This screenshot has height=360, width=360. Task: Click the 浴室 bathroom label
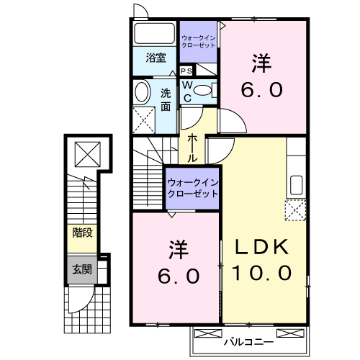point(156,58)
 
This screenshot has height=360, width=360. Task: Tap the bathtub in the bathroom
point(155,34)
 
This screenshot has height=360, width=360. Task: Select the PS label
point(186,71)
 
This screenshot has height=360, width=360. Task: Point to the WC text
point(185,90)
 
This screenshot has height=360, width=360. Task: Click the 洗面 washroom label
point(166,99)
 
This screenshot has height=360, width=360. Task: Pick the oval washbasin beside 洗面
point(142,91)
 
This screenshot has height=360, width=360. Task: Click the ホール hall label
point(193,147)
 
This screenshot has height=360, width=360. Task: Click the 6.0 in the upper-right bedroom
point(262,91)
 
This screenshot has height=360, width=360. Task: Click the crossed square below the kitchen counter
point(296,210)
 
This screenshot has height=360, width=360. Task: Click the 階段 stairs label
point(81,232)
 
